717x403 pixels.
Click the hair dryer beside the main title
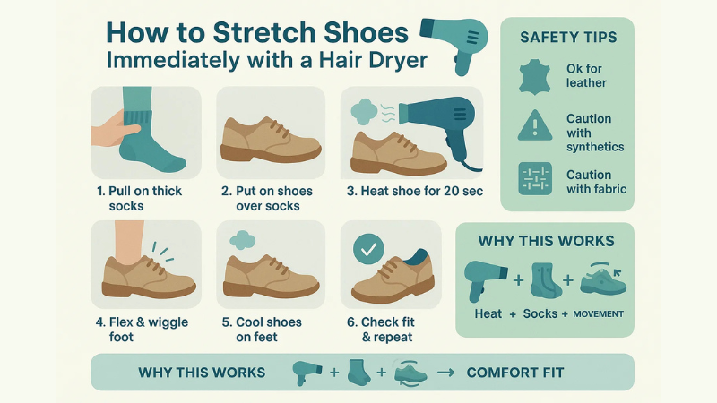pos(454,40)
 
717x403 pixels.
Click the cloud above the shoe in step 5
pos(243,240)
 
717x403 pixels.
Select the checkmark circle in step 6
pos(367,251)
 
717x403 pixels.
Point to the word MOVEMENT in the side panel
pos(598,314)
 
